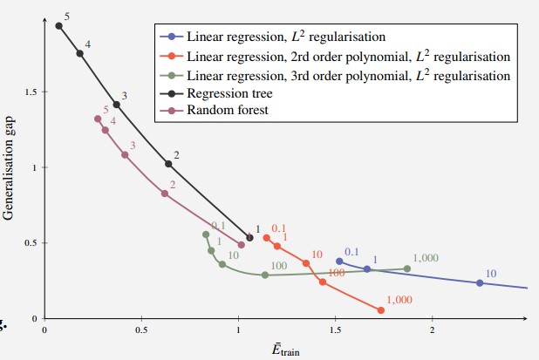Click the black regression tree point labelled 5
click(x=59, y=25)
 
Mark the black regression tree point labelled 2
click(x=168, y=163)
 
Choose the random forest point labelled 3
click(x=125, y=154)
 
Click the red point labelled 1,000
click(x=381, y=309)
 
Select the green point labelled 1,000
click(x=407, y=268)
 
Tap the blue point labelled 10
click(x=480, y=282)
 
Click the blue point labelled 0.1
click(x=339, y=261)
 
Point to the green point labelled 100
click(x=265, y=275)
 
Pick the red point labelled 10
click(x=306, y=262)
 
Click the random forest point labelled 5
click(x=98, y=119)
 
